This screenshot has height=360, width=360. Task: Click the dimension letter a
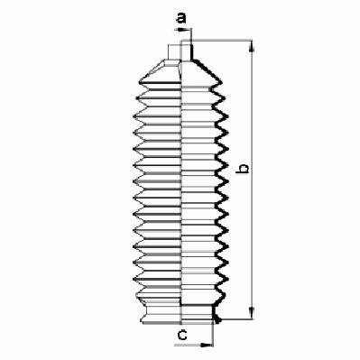tap(181, 18)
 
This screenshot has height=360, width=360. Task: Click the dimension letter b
tap(243, 169)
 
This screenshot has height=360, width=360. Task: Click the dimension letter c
tap(182, 335)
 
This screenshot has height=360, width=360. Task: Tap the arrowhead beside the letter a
tap(181, 30)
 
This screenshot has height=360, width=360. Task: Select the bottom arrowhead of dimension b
tap(252, 313)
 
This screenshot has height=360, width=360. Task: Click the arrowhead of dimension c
tap(207, 345)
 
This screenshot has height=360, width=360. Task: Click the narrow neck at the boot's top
tap(180, 51)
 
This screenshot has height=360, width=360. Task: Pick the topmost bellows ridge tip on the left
tap(140, 82)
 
